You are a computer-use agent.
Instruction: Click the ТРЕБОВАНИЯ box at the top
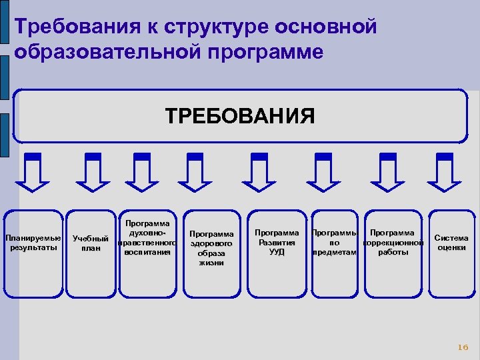click(240, 116)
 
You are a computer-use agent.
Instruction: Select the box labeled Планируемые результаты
click(33, 253)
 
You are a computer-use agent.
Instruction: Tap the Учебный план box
click(91, 253)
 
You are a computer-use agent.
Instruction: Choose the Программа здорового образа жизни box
click(211, 253)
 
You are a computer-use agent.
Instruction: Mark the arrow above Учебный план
click(93, 171)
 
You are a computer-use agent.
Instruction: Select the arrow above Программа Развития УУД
click(259, 171)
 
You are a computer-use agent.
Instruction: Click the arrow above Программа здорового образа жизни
click(195, 171)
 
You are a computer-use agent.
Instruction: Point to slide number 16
click(463, 347)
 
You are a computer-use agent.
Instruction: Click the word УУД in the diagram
click(277, 252)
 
